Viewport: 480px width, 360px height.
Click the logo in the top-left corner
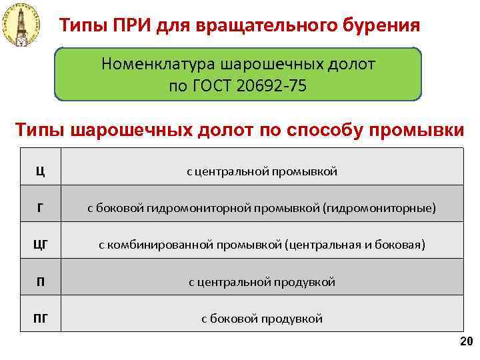point(22,26)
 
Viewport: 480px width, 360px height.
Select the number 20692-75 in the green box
point(272,87)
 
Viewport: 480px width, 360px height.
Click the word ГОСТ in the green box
point(213,87)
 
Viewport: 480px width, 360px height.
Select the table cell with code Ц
point(41,172)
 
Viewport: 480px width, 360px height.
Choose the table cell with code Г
point(41,209)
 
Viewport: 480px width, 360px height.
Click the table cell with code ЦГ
point(41,245)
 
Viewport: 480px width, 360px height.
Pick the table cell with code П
point(41,282)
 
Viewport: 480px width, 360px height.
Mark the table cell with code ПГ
point(41,319)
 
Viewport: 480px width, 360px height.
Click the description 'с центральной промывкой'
point(262,172)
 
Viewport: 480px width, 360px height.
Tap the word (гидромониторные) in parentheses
point(379,209)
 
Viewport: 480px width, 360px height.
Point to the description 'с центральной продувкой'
point(262,282)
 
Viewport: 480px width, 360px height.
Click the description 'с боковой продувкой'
point(262,319)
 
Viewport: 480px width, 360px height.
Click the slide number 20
point(465,342)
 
